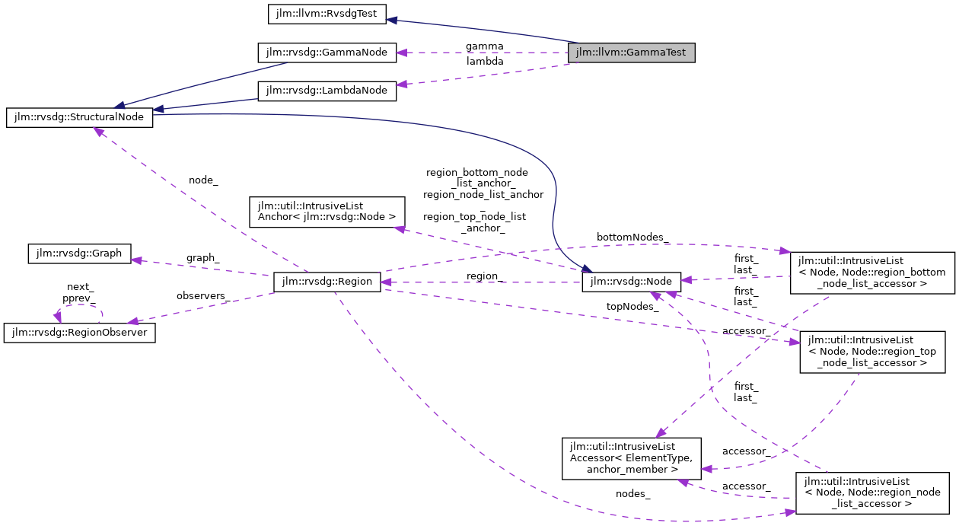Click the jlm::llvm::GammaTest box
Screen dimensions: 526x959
click(631, 53)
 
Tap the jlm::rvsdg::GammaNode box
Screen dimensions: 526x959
click(327, 53)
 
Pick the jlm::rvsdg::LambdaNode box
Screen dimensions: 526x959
click(327, 91)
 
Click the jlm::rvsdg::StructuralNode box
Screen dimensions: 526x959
click(79, 118)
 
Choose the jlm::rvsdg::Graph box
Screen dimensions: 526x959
click(79, 253)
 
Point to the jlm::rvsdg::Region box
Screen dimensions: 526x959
click(327, 282)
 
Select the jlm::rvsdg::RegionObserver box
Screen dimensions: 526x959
click(80, 333)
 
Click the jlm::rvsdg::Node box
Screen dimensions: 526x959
click(631, 282)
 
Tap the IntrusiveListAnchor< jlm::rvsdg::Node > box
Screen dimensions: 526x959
click(327, 211)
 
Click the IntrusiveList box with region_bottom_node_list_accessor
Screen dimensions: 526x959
click(872, 273)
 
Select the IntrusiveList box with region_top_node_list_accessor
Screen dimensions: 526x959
click(872, 352)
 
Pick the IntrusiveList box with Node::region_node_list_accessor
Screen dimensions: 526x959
click(872, 492)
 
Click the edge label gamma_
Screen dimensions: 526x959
click(485, 46)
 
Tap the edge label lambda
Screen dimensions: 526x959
click(485, 61)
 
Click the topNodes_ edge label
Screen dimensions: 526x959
click(632, 306)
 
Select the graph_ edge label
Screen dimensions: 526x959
click(203, 258)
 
